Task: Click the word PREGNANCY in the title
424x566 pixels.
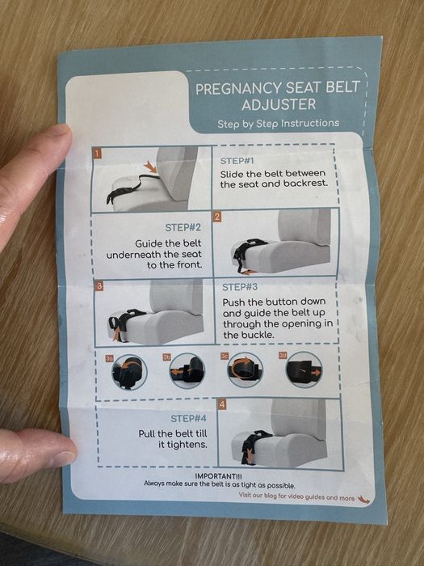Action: [x=239, y=89]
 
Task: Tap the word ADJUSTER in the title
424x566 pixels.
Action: [x=279, y=104]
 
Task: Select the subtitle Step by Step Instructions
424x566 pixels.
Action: [x=278, y=124]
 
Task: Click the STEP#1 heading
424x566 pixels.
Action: [x=237, y=161]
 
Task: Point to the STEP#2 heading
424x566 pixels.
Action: [x=183, y=228]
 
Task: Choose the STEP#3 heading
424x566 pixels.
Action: [x=240, y=287]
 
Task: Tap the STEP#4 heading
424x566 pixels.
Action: [x=188, y=418]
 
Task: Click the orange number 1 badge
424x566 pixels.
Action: [x=97, y=153]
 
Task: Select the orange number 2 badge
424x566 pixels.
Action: [x=217, y=217]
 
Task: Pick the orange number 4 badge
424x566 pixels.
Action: [x=222, y=404]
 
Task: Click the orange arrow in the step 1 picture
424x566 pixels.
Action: [x=150, y=167]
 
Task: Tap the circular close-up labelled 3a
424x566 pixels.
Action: [x=129, y=372]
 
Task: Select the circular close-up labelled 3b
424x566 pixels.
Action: [x=187, y=370]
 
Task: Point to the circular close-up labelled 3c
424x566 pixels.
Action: [x=246, y=370]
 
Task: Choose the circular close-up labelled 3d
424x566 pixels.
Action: [x=304, y=370]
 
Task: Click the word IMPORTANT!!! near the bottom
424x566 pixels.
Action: [x=219, y=476]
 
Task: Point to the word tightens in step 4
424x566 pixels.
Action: [x=183, y=445]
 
